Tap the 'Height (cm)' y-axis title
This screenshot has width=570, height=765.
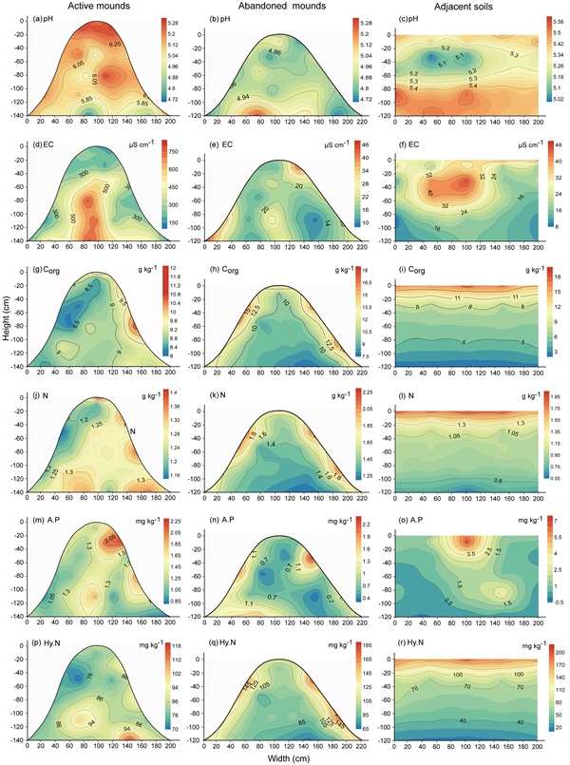coord(7,383)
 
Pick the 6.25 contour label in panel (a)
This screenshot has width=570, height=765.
coord(116,44)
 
